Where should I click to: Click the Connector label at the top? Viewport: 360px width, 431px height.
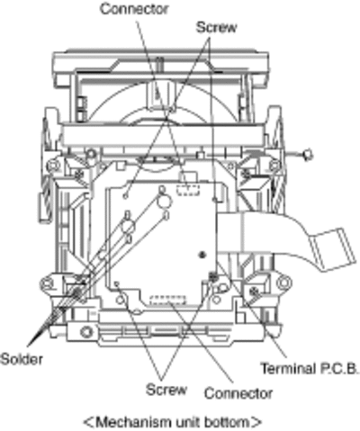(134, 9)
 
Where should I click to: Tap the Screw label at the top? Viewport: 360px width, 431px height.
(216, 27)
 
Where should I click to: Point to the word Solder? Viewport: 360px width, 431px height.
(22, 359)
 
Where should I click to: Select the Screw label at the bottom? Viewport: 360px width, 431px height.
(166, 390)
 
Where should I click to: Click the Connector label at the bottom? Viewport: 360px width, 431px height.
(238, 393)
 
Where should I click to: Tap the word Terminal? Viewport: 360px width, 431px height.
(288, 368)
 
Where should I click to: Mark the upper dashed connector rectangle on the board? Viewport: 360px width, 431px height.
(188, 190)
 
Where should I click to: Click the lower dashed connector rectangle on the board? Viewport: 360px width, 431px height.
(168, 301)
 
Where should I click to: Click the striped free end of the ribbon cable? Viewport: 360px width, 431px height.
(334, 249)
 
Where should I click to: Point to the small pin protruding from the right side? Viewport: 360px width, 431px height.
(308, 155)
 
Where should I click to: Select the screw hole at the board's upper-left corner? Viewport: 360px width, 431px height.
(126, 196)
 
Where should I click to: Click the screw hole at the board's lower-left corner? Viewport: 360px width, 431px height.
(117, 283)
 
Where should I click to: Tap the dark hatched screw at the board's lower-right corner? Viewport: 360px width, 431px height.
(213, 276)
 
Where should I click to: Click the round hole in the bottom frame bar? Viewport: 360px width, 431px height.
(86, 332)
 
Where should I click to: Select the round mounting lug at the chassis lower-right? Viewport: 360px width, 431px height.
(283, 283)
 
